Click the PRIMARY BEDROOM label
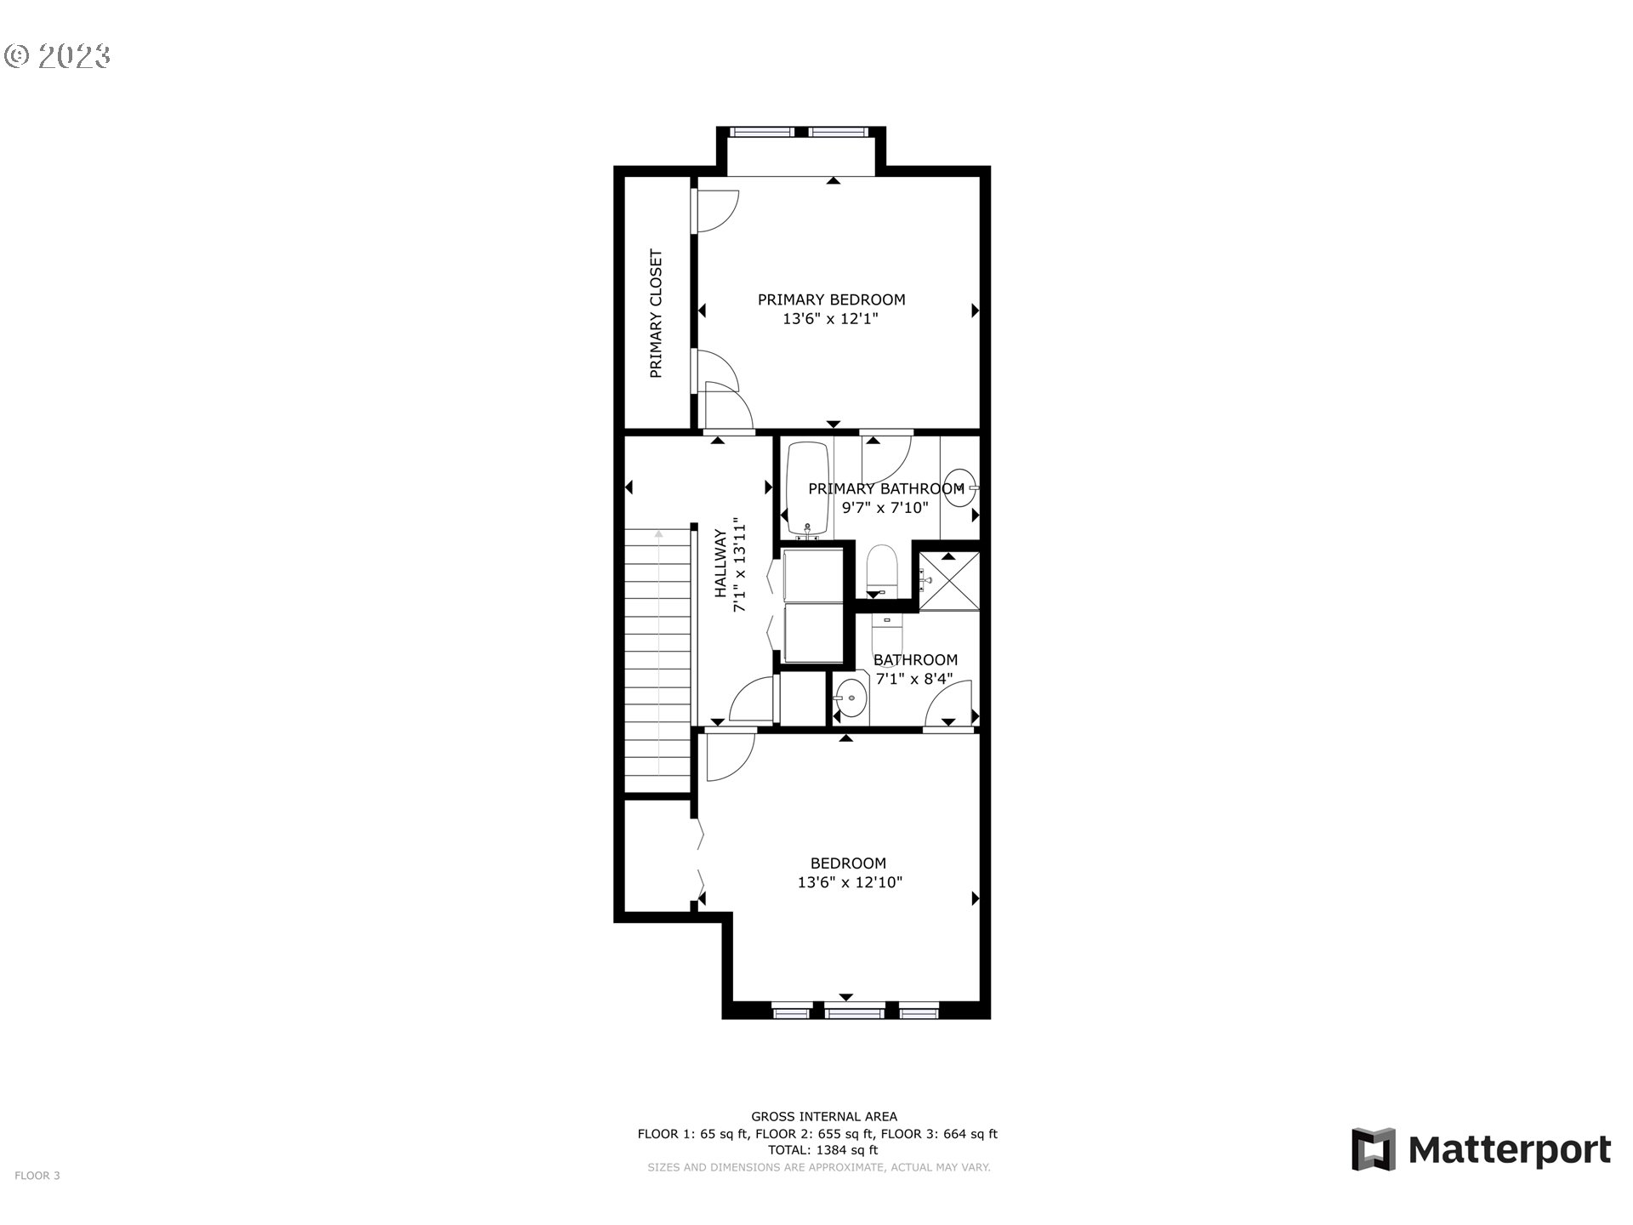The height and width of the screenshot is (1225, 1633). coord(831,299)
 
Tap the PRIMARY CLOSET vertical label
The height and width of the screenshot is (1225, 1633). coord(656,313)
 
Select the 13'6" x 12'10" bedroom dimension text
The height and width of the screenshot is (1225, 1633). coord(849,882)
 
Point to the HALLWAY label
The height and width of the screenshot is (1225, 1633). coord(720,563)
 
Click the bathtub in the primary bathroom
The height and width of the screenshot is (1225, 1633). coord(807,488)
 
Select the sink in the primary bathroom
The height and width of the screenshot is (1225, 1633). coord(959,488)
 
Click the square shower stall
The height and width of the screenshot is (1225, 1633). coord(949,581)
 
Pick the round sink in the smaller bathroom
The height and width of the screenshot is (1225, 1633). coord(850,699)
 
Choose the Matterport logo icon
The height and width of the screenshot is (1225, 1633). coord(1374,1149)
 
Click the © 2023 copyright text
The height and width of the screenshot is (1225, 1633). coord(58,56)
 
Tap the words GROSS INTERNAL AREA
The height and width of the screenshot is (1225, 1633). coord(823,1116)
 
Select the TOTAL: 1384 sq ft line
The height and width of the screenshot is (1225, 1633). coord(822,1150)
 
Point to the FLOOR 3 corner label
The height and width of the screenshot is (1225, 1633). coord(37,1176)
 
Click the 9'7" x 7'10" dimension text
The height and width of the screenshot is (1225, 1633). coord(885,508)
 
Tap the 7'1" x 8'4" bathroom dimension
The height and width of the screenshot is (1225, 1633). coord(913,679)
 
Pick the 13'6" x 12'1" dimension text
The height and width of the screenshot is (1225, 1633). coord(829,319)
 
